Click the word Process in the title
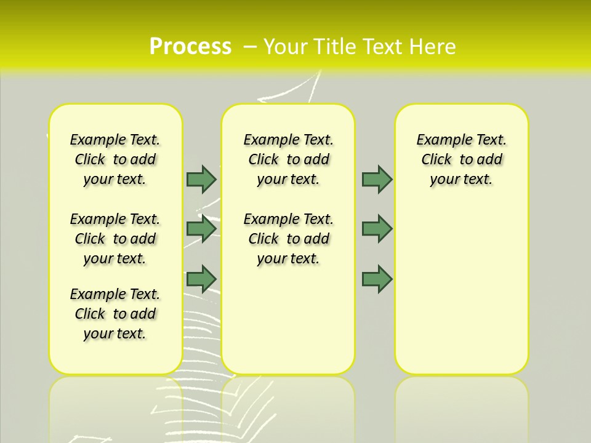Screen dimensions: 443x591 click(x=190, y=46)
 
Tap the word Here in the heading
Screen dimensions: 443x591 click(x=434, y=46)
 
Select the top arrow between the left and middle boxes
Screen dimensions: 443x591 click(x=201, y=179)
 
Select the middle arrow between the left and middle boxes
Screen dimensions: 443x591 click(x=201, y=229)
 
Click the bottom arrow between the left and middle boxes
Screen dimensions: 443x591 click(x=201, y=279)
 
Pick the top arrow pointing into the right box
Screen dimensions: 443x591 click(x=377, y=179)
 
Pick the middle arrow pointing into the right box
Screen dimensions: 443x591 click(x=377, y=229)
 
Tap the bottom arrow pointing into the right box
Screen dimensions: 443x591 click(x=377, y=279)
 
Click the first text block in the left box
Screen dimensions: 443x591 click(x=115, y=159)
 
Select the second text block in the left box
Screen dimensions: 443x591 click(x=115, y=239)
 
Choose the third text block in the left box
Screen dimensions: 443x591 click(x=115, y=314)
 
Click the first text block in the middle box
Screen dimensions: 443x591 click(x=288, y=159)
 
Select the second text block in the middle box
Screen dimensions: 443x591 click(x=288, y=239)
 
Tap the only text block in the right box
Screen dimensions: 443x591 click(x=462, y=159)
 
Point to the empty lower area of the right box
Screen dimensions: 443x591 click(x=462, y=289)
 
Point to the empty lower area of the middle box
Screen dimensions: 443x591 click(x=288, y=320)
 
